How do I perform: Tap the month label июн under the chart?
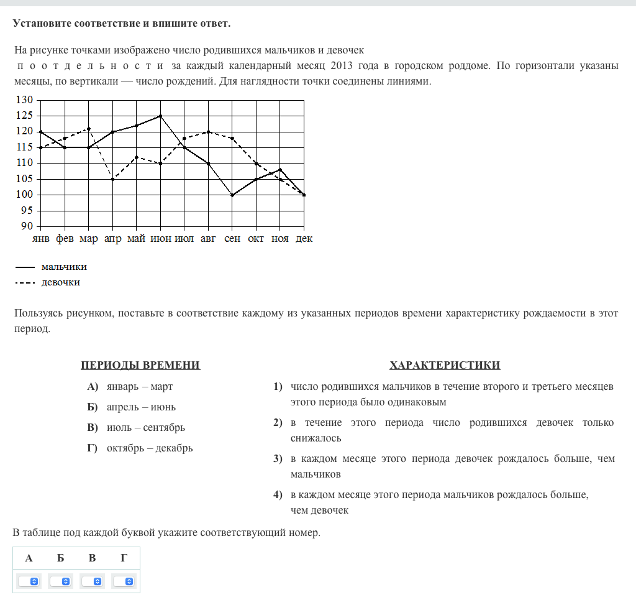(161, 239)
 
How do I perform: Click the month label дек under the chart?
(304, 239)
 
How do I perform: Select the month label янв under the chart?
(41, 239)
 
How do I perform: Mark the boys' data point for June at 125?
(161, 116)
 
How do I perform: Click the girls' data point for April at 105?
(113, 179)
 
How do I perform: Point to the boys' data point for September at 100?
(232, 195)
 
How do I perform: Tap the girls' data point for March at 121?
(89, 129)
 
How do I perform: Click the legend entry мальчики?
(64, 267)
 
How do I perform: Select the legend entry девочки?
(61, 282)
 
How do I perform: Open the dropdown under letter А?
(29, 581)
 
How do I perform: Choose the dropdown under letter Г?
(124, 581)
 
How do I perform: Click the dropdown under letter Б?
(61, 581)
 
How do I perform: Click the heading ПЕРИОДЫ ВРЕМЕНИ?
(140, 365)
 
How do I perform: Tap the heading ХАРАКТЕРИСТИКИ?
(445, 365)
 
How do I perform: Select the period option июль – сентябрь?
(146, 427)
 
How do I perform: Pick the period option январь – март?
(140, 386)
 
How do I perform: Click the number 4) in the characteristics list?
(278, 495)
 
